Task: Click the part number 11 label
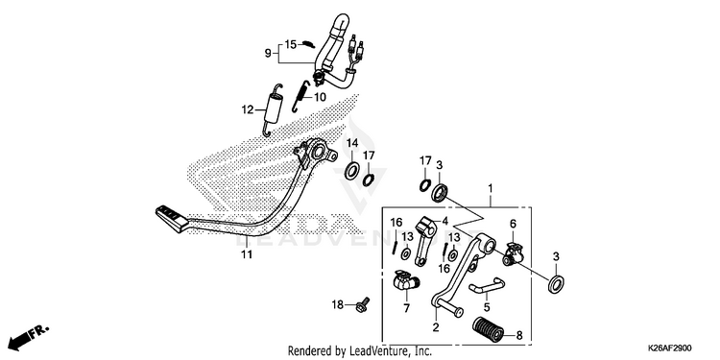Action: tap(247, 254)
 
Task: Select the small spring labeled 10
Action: tap(300, 95)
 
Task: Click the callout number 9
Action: tap(268, 54)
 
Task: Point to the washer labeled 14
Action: tap(352, 171)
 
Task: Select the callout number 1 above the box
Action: tap(491, 188)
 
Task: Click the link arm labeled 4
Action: tap(424, 241)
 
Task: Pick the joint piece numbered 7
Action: tap(405, 281)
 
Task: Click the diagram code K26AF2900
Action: tap(669, 348)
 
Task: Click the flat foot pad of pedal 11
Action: tap(172, 218)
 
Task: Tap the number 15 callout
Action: tap(291, 44)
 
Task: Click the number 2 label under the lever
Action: tap(436, 327)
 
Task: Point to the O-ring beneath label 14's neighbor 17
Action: tap(369, 180)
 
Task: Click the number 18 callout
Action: tap(338, 304)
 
